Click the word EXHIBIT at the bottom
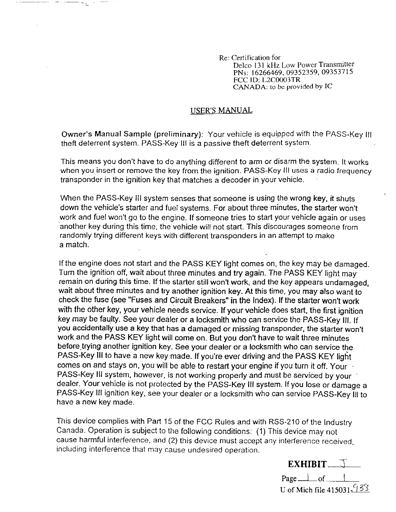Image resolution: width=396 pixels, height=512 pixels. click(307, 465)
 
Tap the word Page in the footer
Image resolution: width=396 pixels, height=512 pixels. click(289, 478)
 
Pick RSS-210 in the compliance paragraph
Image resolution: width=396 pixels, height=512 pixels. click(280, 422)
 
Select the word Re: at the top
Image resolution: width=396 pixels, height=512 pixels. click(224, 58)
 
